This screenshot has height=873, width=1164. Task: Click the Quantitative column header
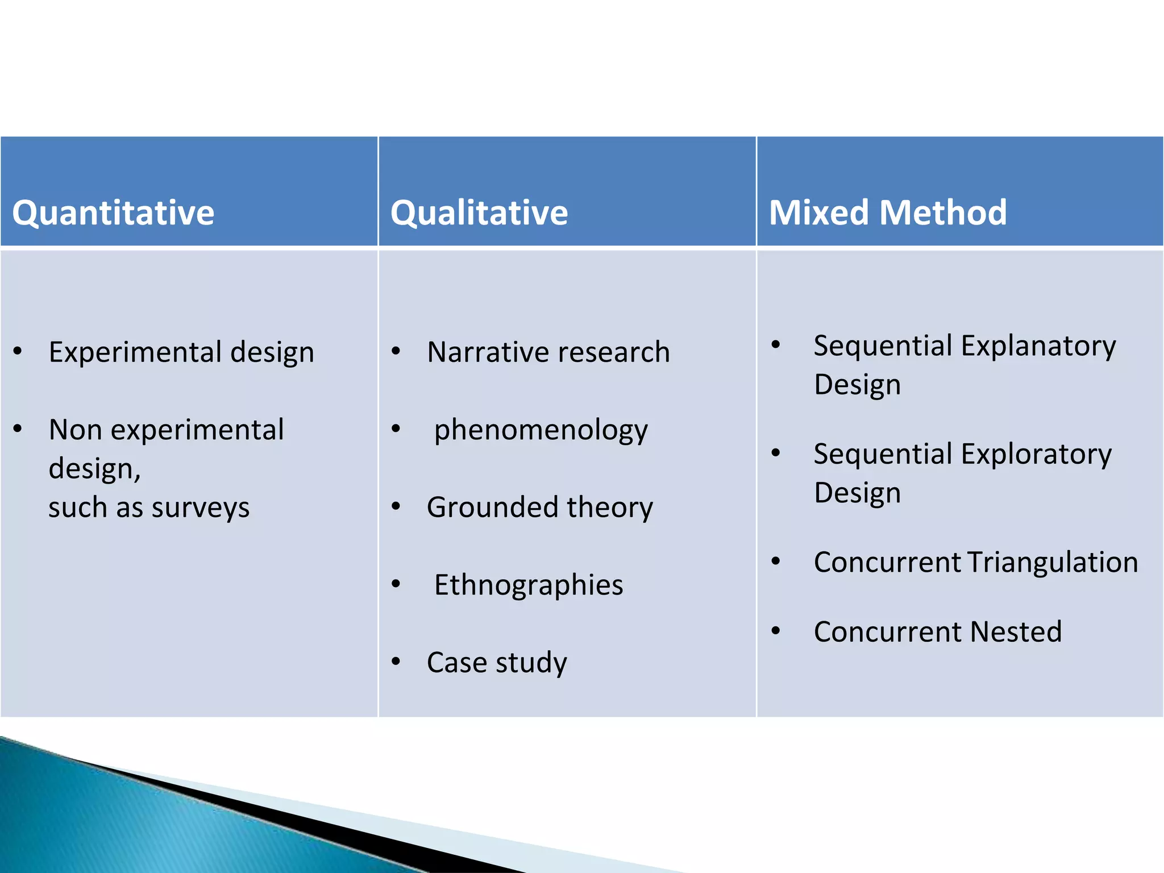[x=113, y=213]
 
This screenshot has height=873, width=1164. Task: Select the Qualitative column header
[x=479, y=213]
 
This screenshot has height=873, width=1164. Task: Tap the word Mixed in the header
[x=818, y=213]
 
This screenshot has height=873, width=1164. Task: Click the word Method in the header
[x=943, y=213]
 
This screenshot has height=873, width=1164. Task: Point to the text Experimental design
[x=181, y=352]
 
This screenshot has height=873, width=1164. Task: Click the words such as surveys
[x=149, y=508]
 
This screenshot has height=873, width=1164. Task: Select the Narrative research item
[x=548, y=352]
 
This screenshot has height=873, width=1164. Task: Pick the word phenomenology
[x=541, y=430]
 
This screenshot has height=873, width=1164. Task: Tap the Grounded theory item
[x=540, y=508]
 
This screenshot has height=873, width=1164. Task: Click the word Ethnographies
[x=529, y=585]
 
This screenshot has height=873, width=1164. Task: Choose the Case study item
[x=497, y=663]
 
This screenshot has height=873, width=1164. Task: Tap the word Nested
[x=1016, y=632]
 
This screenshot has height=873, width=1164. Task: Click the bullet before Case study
[x=396, y=662]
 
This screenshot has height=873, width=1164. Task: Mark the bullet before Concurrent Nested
[x=776, y=630]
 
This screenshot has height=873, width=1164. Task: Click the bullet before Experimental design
[x=18, y=351]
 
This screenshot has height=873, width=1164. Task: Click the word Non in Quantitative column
[x=75, y=430]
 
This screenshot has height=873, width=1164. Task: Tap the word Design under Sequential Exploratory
[x=857, y=493]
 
